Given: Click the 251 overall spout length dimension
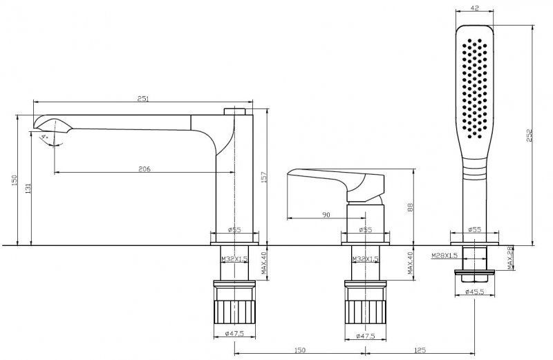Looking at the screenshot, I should tap(142, 100).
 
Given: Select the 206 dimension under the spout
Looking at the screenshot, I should tap(144, 169).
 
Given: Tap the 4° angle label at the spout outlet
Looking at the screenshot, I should tap(46, 138).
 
